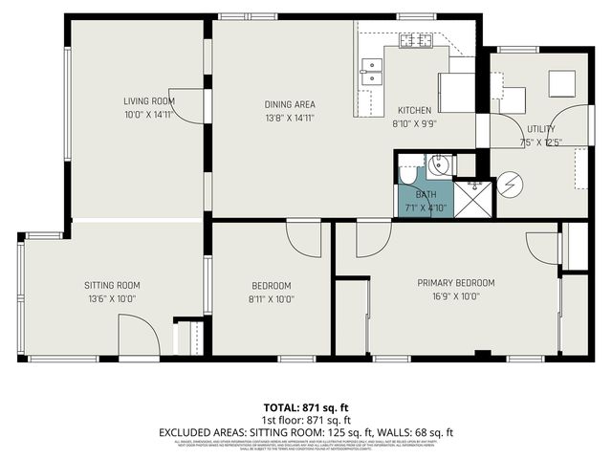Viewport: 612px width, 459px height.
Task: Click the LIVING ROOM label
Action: tap(149, 101)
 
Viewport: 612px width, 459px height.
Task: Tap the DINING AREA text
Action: tap(290, 105)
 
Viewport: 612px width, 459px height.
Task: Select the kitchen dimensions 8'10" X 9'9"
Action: tap(414, 123)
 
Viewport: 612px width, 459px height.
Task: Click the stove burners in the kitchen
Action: tap(416, 40)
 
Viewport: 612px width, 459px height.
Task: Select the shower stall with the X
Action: tap(471, 197)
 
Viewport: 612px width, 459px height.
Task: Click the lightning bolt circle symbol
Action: tap(510, 184)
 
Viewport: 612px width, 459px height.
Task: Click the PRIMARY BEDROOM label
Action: tap(455, 283)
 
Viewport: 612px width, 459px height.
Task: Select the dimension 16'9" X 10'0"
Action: tap(455, 295)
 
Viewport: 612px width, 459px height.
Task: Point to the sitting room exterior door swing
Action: tap(136, 337)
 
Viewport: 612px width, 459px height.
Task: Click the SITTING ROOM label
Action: tap(112, 285)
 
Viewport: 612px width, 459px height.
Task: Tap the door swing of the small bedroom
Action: tap(304, 238)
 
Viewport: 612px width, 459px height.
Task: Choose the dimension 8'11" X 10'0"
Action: tap(271, 298)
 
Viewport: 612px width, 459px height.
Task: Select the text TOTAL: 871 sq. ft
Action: tap(306, 407)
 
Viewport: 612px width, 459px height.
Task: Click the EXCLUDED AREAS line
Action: tap(306, 431)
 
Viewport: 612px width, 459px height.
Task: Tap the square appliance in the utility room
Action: tap(561, 84)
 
